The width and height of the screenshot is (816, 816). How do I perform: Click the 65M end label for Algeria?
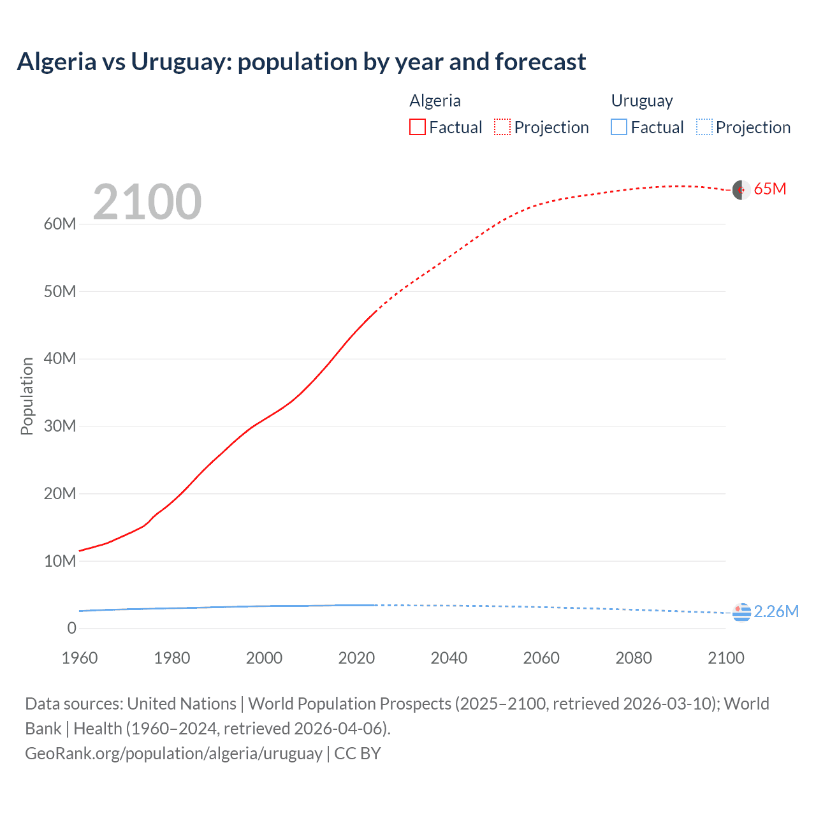[x=769, y=189]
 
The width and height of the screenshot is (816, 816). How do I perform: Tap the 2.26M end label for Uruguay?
[x=776, y=611]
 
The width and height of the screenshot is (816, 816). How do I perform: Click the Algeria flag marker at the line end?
[x=741, y=190]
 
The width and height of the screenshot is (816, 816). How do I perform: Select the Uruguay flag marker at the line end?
[x=741, y=613]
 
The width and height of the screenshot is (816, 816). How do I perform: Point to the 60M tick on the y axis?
[x=60, y=224]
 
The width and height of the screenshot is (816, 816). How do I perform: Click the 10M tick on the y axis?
[x=60, y=561]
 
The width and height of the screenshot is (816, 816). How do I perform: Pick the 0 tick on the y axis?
[x=71, y=628]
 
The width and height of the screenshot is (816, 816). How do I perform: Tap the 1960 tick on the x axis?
[x=80, y=658]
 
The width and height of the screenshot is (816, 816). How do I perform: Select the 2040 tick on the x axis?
[x=449, y=658]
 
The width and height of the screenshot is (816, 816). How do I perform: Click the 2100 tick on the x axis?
[x=725, y=658]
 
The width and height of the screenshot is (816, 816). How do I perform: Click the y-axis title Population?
[x=27, y=396]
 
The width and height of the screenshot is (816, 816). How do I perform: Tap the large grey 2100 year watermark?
[x=147, y=202]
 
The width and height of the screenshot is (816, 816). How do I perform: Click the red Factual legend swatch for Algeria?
[x=417, y=127]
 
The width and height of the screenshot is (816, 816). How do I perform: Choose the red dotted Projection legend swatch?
[x=502, y=127]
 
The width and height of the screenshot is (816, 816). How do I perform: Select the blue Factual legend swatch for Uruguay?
[x=619, y=127]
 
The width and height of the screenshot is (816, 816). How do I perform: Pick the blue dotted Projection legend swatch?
[x=704, y=127]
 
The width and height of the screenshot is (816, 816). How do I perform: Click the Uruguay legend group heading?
[x=642, y=101]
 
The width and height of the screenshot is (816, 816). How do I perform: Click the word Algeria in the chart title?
[x=56, y=62]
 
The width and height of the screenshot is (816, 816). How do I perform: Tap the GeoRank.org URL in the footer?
[x=173, y=753]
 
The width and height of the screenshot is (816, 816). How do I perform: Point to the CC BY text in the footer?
[x=357, y=753]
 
